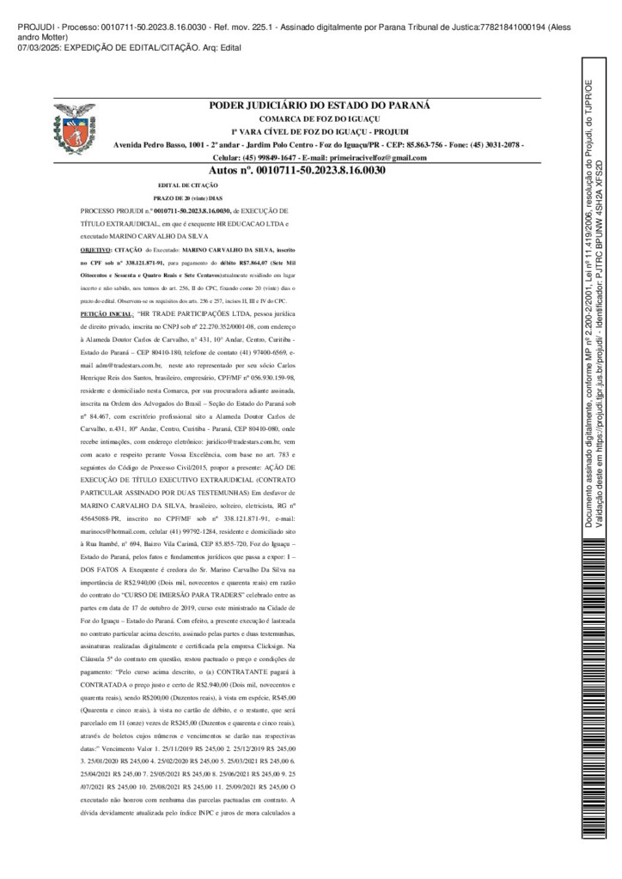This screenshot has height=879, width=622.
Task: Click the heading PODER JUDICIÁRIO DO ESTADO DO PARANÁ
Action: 320,106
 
